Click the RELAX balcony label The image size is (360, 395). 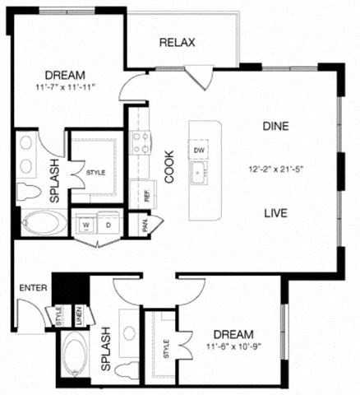177,43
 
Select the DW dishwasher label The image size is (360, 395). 199,151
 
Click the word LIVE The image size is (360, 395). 275,213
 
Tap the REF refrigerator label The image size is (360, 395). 147,196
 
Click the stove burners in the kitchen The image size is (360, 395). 141,143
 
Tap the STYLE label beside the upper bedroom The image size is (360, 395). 94,172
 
